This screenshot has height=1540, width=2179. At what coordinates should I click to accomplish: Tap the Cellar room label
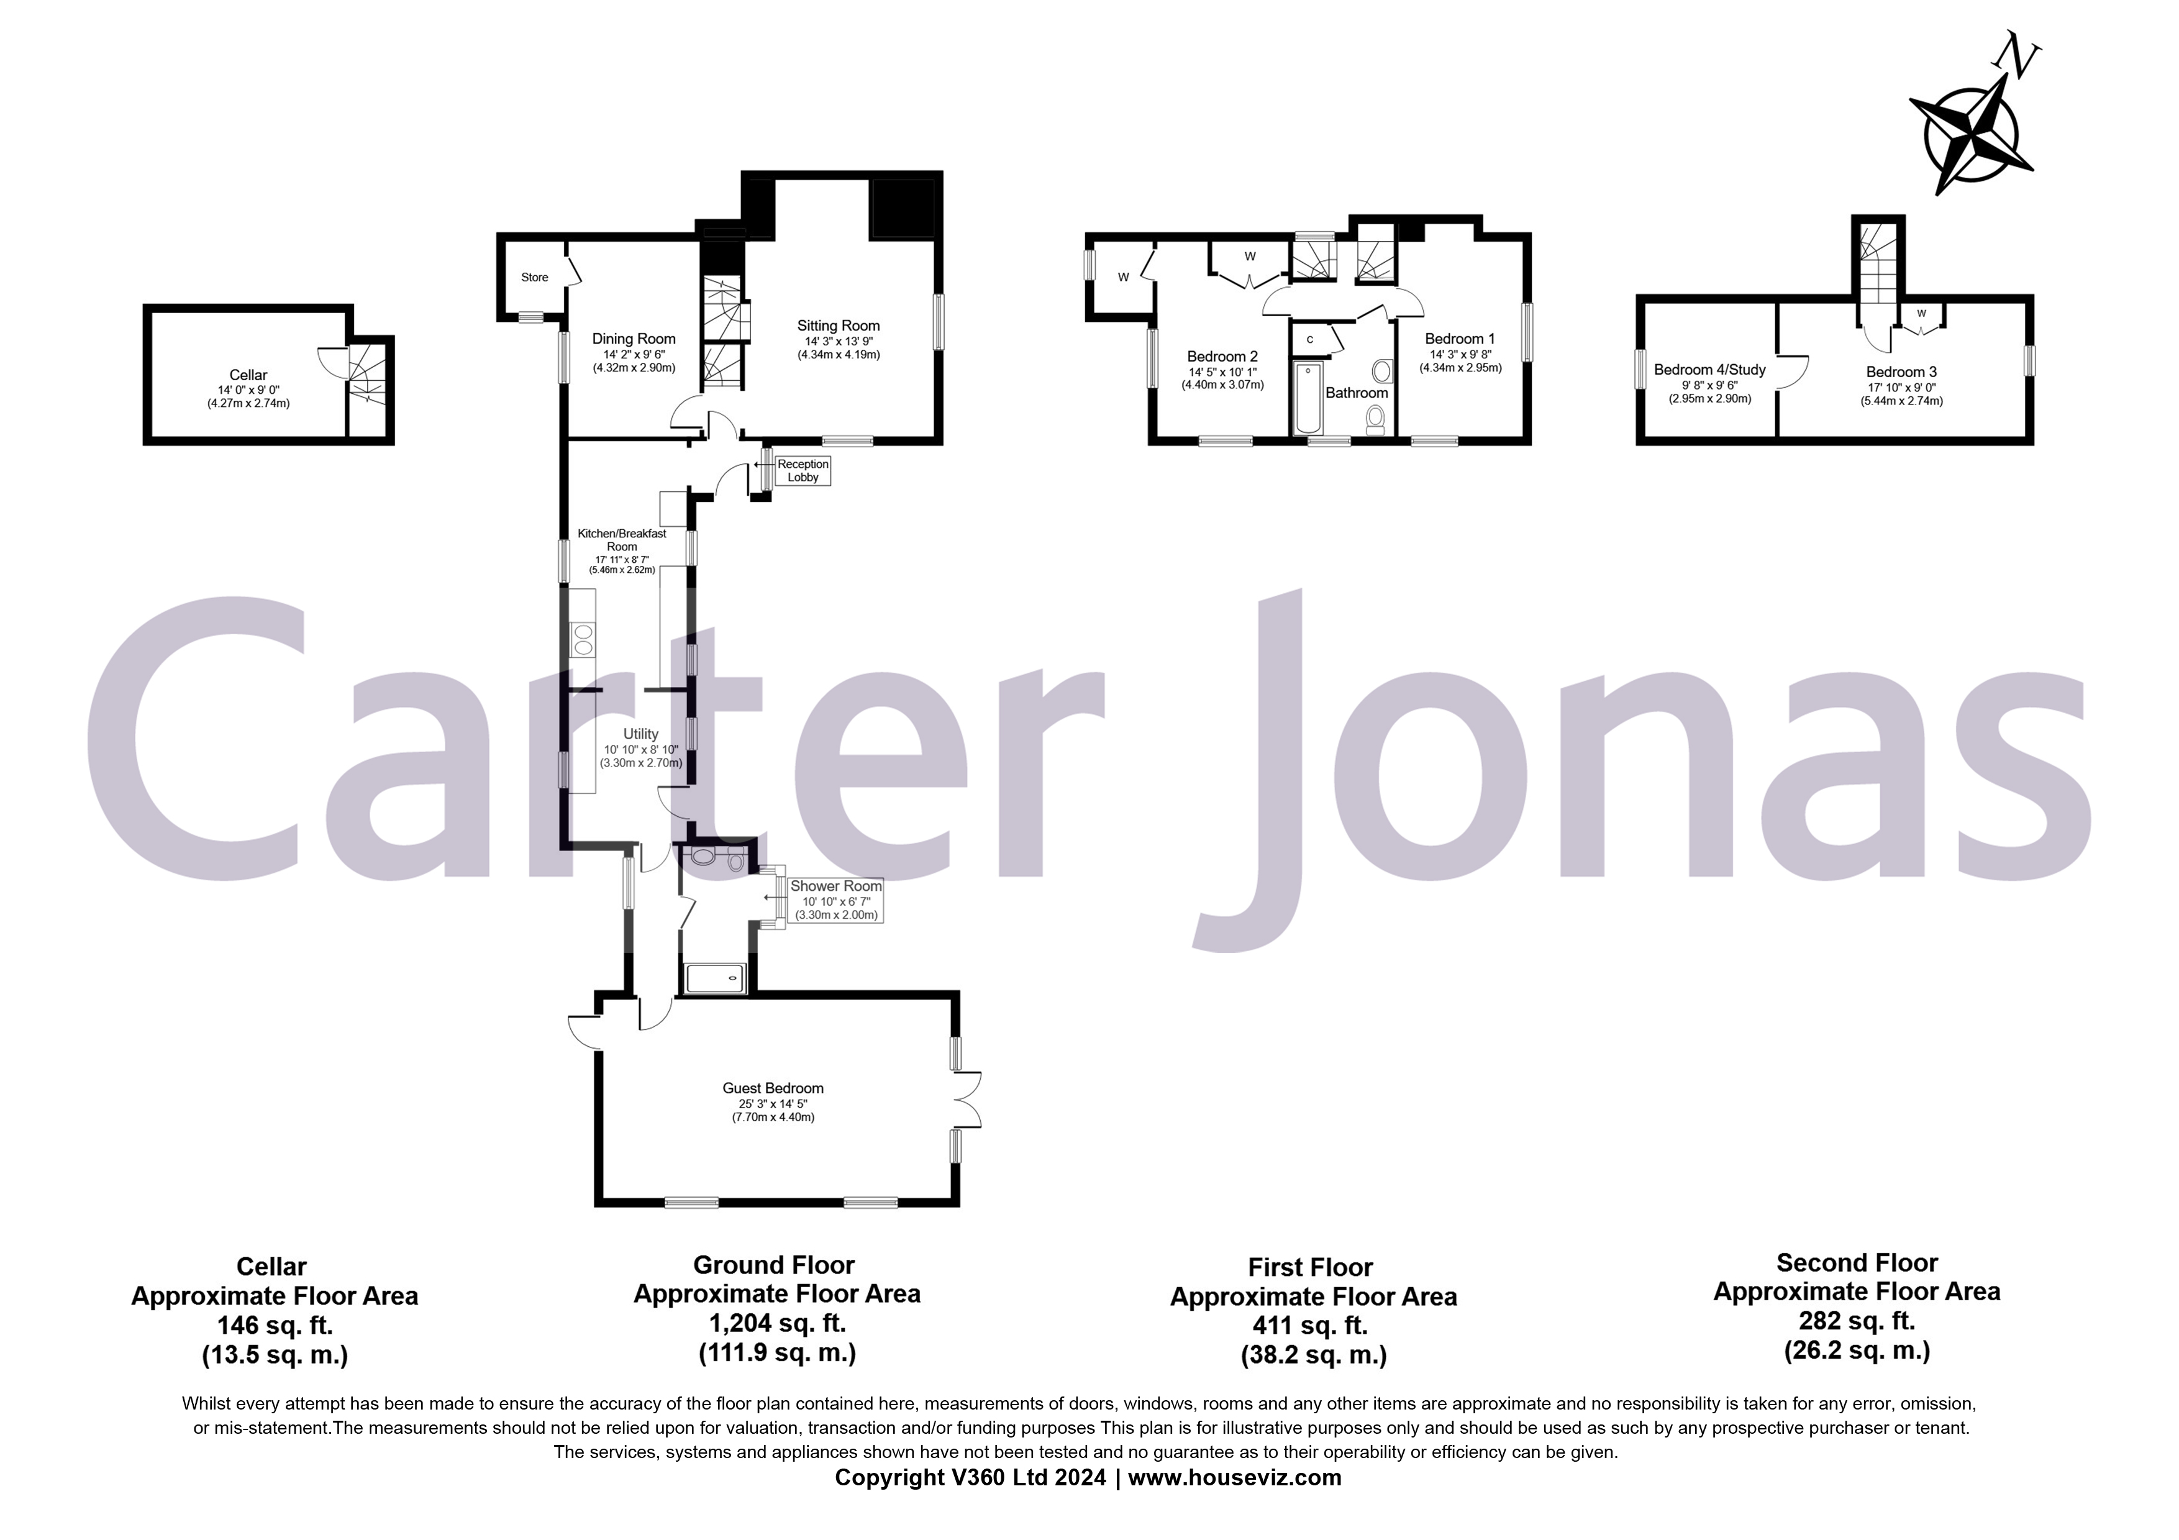(x=248, y=375)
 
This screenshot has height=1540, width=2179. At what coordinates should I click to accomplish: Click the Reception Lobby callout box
(x=803, y=471)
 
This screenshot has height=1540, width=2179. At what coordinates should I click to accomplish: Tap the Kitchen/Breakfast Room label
(x=622, y=540)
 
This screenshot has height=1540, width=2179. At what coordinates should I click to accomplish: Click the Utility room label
(x=640, y=734)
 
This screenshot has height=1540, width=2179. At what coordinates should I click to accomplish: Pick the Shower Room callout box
(x=836, y=900)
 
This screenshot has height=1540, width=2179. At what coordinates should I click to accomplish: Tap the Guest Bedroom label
(x=773, y=1088)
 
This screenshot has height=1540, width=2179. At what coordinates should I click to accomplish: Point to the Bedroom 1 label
(x=1460, y=339)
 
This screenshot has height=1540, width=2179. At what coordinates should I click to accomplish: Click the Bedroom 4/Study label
(x=1709, y=370)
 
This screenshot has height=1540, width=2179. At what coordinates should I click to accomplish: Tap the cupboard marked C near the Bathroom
(x=1309, y=339)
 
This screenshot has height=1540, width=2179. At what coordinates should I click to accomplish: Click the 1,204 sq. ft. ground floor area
(x=776, y=1322)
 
